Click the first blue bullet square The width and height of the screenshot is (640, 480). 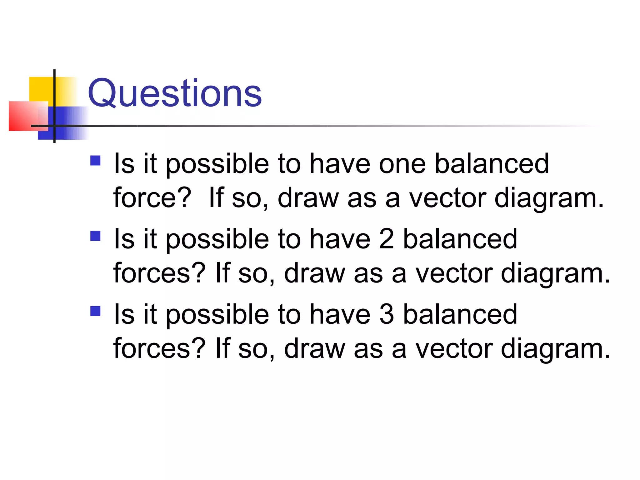[95, 161]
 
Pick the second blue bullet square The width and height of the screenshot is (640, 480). [95, 236]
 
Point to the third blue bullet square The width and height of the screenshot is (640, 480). [95, 311]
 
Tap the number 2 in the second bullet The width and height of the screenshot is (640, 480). [386, 239]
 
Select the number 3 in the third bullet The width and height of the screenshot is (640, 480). [386, 314]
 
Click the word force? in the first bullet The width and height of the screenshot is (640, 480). [152, 198]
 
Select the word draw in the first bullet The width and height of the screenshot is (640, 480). [308, 198]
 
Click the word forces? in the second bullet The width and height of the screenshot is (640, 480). [159, 273]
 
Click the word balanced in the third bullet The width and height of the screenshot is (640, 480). [460, 314]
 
